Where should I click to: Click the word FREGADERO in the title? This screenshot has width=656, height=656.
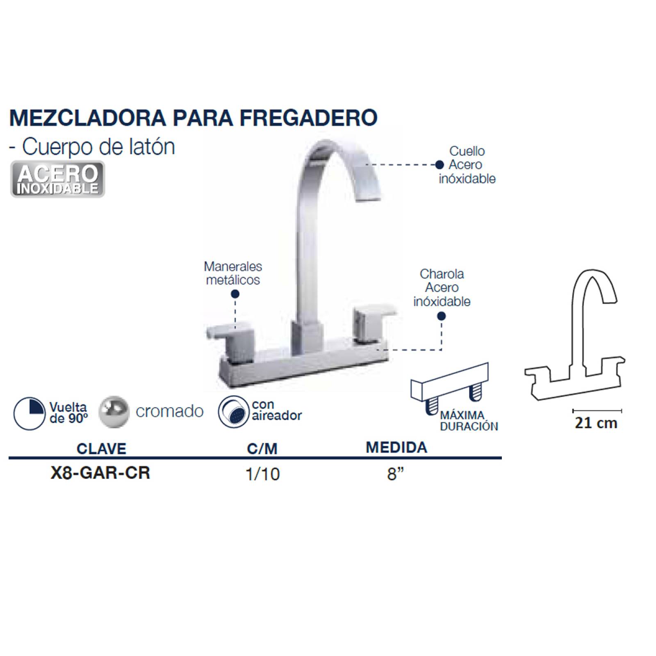[308, 118]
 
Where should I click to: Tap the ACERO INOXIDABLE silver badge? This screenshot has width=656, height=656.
[57, 179]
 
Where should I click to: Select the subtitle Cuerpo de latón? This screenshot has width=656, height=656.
[98, 146]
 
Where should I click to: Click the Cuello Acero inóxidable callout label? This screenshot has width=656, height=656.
[467, 165]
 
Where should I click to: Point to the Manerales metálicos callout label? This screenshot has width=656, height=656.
[233, 273]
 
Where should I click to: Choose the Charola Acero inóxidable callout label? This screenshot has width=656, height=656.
[442, 288]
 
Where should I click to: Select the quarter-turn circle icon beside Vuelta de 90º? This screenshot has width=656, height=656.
[29, 413]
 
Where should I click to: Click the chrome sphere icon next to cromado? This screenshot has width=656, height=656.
[114, 412]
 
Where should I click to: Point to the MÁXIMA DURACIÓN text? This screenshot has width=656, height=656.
[469, 421]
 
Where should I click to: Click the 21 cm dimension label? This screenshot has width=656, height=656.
[596, 423]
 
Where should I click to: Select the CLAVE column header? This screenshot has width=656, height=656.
[101, 449]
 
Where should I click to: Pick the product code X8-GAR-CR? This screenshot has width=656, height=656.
[100, 473]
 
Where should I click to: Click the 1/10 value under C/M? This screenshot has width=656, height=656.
[262, 474]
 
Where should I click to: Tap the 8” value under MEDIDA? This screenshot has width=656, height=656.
[395, 474]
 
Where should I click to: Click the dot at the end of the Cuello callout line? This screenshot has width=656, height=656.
[440, 165]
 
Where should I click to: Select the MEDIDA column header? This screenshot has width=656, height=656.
[396, 447]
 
